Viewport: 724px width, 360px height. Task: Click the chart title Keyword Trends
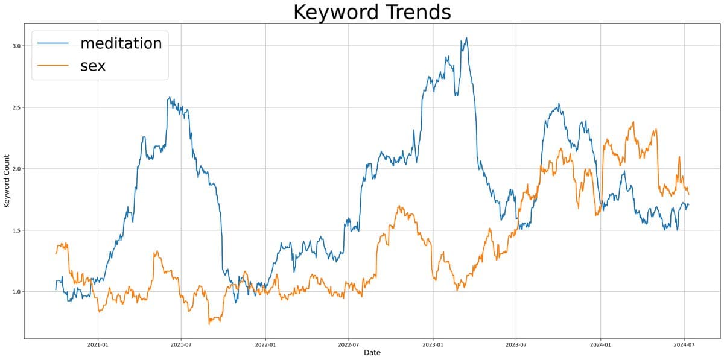372,13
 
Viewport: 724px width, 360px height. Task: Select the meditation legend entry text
121,43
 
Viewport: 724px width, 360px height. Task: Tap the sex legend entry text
93,66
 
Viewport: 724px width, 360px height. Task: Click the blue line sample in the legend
54,43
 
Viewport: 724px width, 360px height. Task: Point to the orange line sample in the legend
54,66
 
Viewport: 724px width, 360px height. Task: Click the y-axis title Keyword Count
7,181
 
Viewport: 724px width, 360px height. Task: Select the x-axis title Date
372,352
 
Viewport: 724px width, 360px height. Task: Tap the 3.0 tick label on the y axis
17,46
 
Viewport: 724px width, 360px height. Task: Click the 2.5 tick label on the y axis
17,107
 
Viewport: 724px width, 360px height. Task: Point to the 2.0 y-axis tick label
17,169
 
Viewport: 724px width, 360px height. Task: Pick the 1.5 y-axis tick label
17,230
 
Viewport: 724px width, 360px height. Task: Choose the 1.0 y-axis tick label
17,292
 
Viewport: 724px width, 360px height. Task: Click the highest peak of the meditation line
466,38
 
